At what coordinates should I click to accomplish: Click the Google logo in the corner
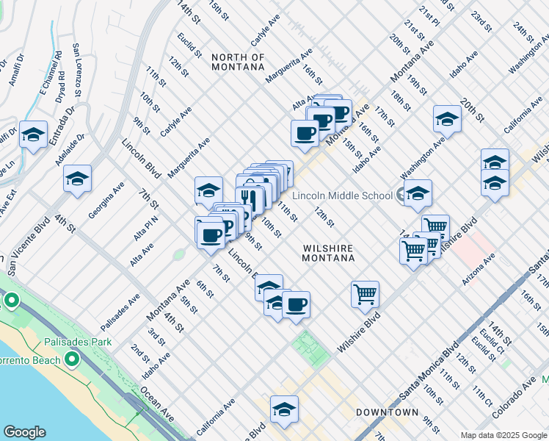coord(24,432)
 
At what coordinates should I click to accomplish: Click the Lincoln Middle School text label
coord(341,196)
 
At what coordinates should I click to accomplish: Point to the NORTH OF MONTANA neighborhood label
coord(237,62)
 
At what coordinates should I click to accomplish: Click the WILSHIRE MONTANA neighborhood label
coord(328,254)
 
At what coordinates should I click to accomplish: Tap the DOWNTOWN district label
coord(387,412)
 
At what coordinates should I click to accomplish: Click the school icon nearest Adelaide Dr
coord(77,178)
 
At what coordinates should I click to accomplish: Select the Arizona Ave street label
coord(479,269)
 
